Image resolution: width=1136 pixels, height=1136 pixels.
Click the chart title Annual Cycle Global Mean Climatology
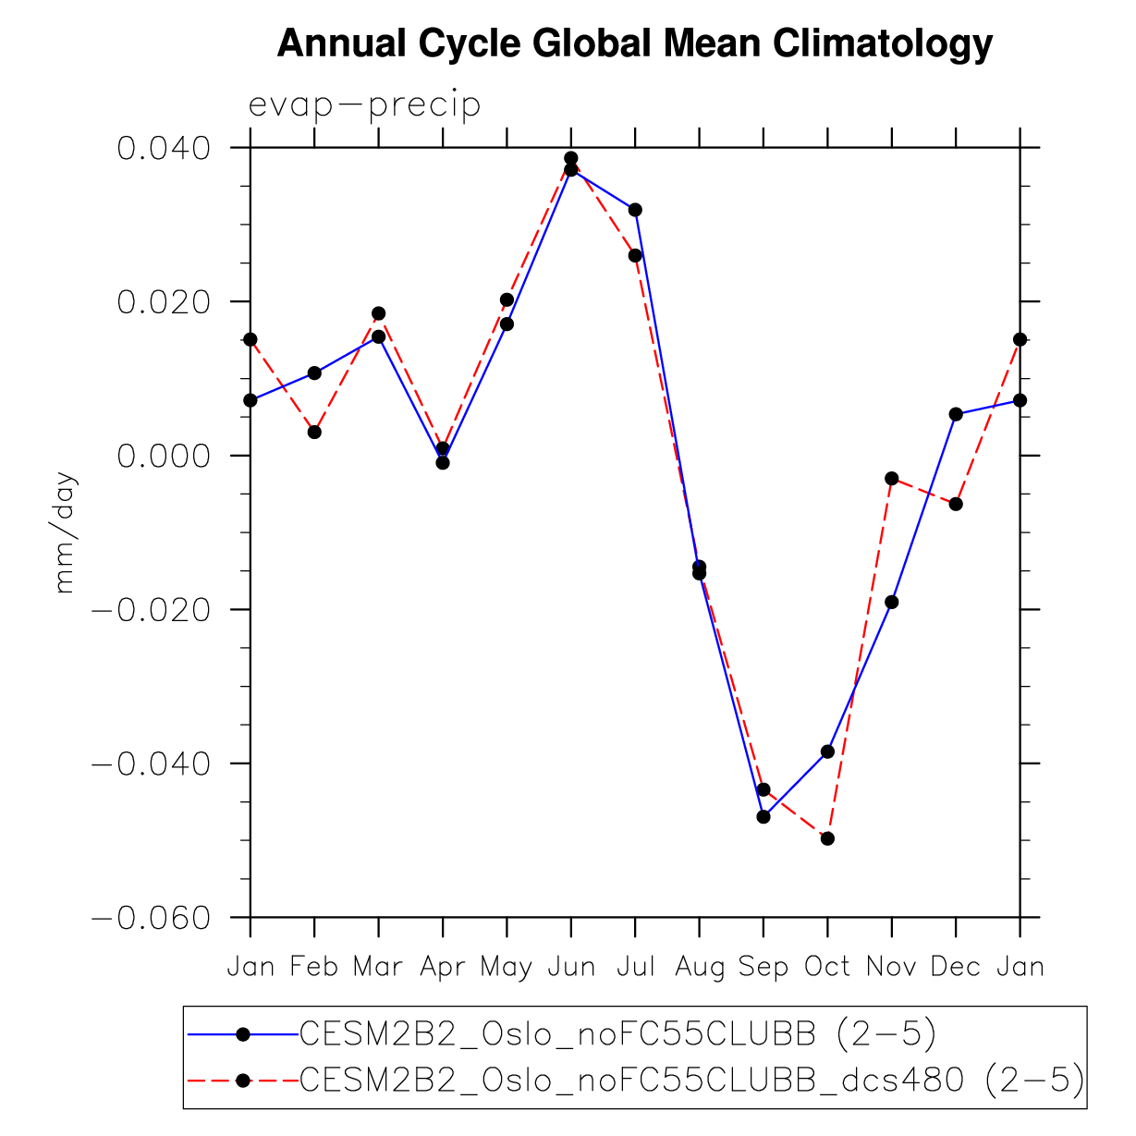pyautogui.click(x=635, y=43)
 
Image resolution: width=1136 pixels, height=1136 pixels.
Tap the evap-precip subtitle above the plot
pyautogui.click(x=365, y=105)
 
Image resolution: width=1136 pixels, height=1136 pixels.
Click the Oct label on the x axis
pyautogui.click(x=827, y=967)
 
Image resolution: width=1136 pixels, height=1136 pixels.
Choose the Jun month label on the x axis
pyautogui.click(x=571, y=967)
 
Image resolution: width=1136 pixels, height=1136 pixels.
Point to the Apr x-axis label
pyautogui.click(x=443, y=967)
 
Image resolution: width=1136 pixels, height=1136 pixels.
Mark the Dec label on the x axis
pyautogui.click(x=956, y=967)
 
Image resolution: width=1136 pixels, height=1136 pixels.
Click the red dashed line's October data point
pyautogui.click(x=827, y=838)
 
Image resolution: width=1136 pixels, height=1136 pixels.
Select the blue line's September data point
pyautogui.click(x=763, y=817)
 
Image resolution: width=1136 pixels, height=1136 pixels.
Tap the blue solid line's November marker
pyautogui.click(x=892, y=602)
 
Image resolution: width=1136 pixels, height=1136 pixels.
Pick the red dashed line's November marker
pyautogui.click(x=892, y=478)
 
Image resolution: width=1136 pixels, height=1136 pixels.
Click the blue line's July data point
pyautogui.click(x=635, y=210)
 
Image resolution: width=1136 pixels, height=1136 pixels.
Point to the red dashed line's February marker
pyautogui.click(x=314, y=432)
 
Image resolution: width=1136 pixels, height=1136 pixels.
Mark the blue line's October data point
pyautogui.click(x=827, y=751)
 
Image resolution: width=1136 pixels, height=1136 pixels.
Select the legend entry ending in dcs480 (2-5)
pyautogui.click(x=691, y=1079)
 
